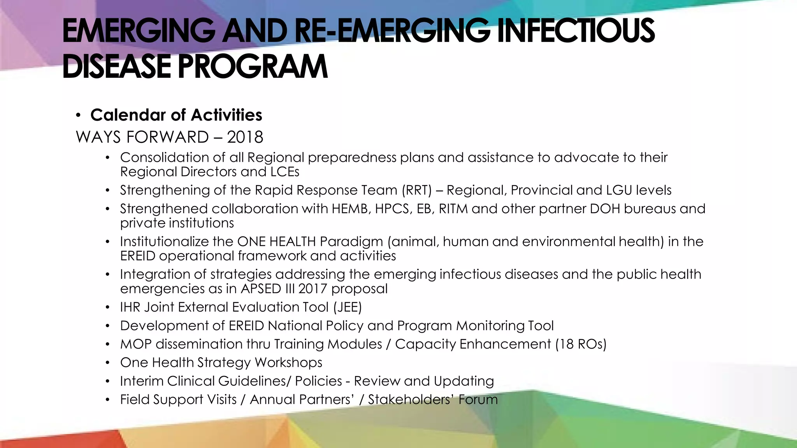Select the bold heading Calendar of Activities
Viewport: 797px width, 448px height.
pyautogui.click(x=176, y=115)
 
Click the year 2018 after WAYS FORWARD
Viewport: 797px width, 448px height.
pyautogui.click(x=245, y=137)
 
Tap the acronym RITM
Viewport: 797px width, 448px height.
pyautogui.click(x=453, y=209)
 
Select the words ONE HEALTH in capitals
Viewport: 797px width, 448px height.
pyautogui.click(x=276, y=241)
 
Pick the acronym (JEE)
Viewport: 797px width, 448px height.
pyautogui.click(x=348, y=307)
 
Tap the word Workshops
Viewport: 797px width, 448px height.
pyautogui.click(x=288, y=362)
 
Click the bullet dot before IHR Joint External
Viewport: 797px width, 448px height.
pyautogui.click(x=108, y=308)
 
